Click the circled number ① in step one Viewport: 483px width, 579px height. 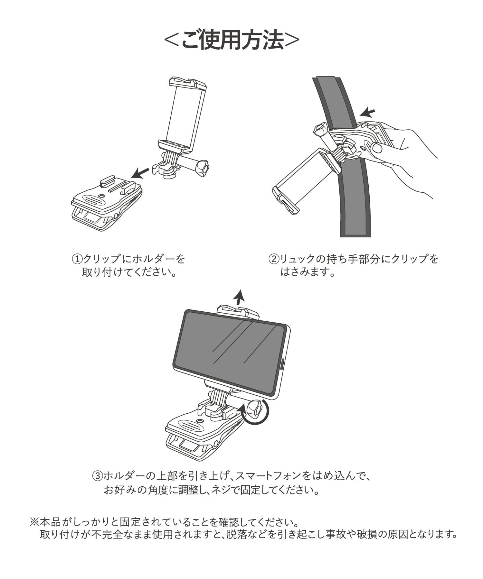coord(77,259)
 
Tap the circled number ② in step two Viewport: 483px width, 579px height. coord(274,259)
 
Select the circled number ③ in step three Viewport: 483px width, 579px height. coord(98,475)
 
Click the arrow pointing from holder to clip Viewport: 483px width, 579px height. coord(140,173)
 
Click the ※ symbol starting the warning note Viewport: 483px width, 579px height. coord(34,521)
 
